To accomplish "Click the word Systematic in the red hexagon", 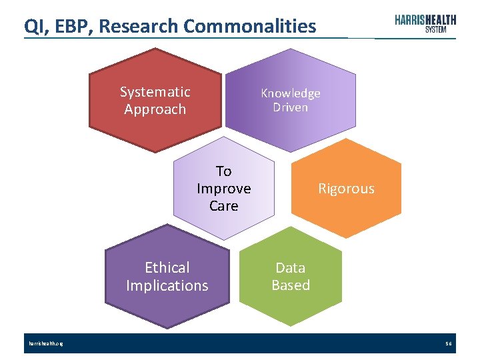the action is pyautogui.click(x=155, y=92).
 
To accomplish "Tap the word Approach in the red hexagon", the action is pyautogui.click(x=155, y=109).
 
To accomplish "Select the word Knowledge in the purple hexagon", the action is pyautogui.click(x=291, y=93).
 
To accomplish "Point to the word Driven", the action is pyautogui.click(x=290, y=107).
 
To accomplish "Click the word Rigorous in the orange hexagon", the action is pyautogui.click(x=346, y=189).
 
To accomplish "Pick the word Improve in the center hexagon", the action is pyautogui.click(x=224, y=189).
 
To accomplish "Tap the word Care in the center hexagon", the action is pyautogui.click(x=224, y=205).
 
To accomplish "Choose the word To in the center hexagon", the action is pyautogui.click(x=224, y=171).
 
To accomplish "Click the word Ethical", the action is pyautogui.click(x=167, y=267).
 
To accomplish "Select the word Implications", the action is pyautogui.click(x=167, y=285).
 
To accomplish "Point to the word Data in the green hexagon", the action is pyautogui.click(x=291, y=268).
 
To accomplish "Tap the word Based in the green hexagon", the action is pyautogui.click(x=291, y=285).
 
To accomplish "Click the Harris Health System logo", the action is pyautogui.click(x=425, y=23).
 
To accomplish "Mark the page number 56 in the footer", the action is pyautogui.click(x=449, y=344).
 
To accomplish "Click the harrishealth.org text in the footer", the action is pyautogui.click(x=46, y=344).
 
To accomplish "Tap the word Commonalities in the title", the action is pyautogui.click(x=250, y=26).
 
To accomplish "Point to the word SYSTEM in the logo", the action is pyautogui.click(x=435, y=30).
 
